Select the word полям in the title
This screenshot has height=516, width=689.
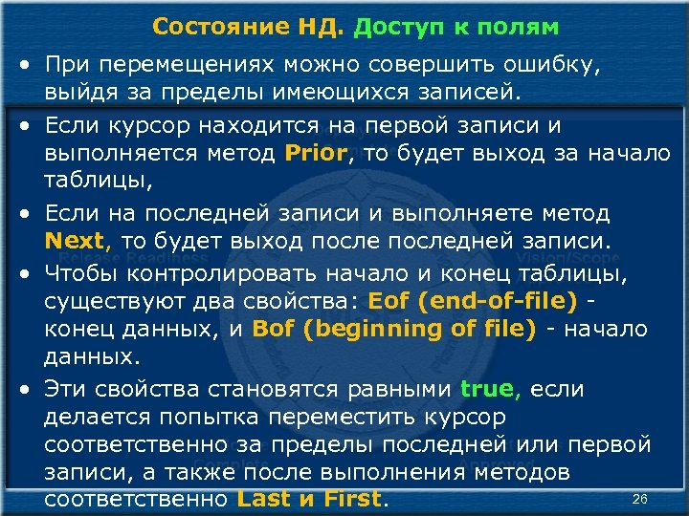(524, 27)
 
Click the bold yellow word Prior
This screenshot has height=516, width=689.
(321, 152)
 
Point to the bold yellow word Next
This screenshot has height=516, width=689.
(78, 240)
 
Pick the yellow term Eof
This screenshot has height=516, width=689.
(389, 301)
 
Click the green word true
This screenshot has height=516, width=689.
(489, 389)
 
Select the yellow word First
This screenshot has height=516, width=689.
(353, 499)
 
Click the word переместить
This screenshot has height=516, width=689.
(369, 418)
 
